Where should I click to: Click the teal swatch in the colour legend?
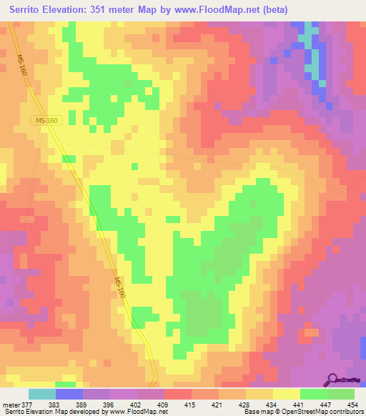coord(42,394)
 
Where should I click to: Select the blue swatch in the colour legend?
coord(69,394)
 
